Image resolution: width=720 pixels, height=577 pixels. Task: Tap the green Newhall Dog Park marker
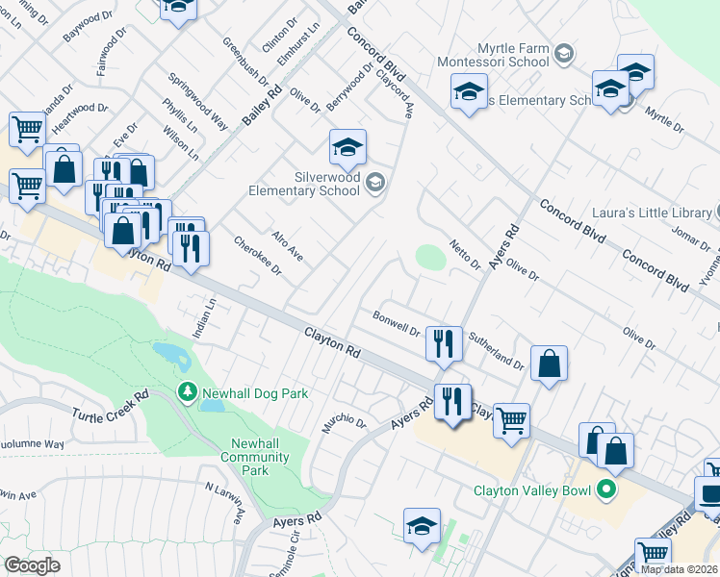[188, 392]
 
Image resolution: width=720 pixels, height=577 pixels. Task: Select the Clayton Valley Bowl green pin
[605, 490]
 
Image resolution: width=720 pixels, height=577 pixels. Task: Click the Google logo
[33, 565]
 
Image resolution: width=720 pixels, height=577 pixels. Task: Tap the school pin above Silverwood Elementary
[347, 147]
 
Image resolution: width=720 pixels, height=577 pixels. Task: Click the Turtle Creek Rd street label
[111, 405]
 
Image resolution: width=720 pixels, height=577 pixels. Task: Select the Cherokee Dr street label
[258, 256]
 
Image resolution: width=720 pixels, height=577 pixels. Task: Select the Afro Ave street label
[287, 246]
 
